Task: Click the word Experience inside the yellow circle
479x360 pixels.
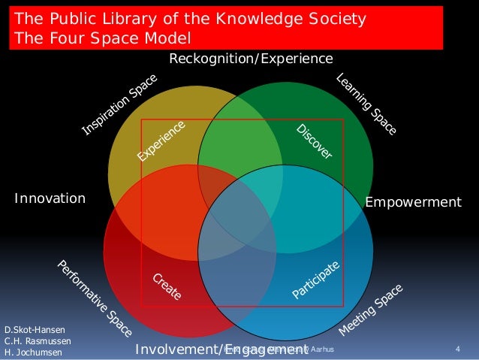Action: tap(161, 142)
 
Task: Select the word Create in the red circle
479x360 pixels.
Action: tap(167, 286)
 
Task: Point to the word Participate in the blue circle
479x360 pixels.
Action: tap(317, 282)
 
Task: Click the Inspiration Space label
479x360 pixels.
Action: tap(119, 105)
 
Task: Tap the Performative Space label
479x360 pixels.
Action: tap(95, 298)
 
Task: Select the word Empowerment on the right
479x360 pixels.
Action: tap(413, 201)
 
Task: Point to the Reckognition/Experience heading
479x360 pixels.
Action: tap(250, 58)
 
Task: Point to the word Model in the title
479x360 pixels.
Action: tap(170, 38)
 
